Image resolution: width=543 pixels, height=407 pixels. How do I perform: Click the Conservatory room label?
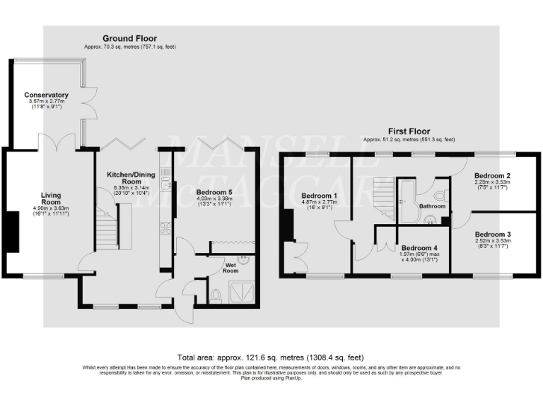[x=46, y=95]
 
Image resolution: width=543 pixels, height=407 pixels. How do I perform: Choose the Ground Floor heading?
[x=130, y=38]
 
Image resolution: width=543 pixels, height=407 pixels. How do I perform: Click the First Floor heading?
[x=407, y=131]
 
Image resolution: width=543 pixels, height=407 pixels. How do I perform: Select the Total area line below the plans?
[x=271, y=358]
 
